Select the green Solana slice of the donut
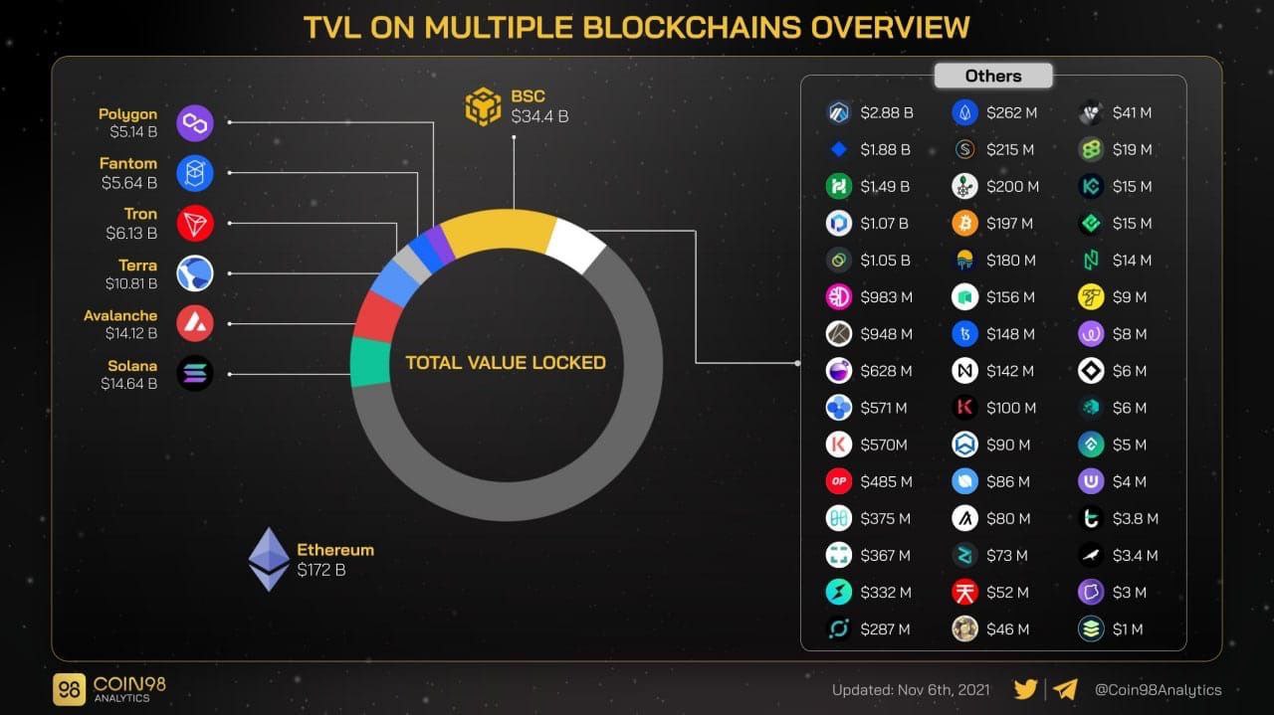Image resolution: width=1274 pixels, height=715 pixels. click(x=370, y=362)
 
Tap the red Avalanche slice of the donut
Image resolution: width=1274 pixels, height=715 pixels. click(x=377, y=317)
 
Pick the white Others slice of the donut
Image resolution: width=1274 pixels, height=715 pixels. click(x=575, y=244)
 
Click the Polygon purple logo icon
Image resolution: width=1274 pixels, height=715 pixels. click(x=195, y=123)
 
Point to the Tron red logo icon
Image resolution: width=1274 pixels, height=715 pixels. click(x=195, y=223)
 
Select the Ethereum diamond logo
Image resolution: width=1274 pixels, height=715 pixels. click(x=268, y=559)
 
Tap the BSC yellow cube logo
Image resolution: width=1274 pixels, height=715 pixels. click(x=484, y=106)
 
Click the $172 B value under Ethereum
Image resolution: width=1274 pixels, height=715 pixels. click(x=320, y=570)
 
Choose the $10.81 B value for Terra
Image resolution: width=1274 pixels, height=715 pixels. click(x=131, y=283)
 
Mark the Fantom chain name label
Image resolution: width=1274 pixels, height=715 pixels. click(x=128, y=163)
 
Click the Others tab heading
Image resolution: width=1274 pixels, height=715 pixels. click(x=992, y=76)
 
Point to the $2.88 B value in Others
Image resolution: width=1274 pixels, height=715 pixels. click(x=886, y=113)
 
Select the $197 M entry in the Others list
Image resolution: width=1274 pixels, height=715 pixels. click(x=1010, y=224)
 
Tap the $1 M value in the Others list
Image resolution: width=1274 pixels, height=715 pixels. click(x=1128, y=629)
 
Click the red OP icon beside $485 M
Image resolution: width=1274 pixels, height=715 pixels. click(x=839, y=481)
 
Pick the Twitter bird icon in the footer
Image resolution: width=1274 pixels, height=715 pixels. click(x=1025, y=689)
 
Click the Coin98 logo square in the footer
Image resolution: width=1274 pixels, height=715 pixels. click(x=69, y=689)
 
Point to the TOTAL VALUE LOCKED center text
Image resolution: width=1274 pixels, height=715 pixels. click(x=506, y=363)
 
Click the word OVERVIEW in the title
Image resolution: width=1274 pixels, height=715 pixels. click(x=890, y=27)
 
